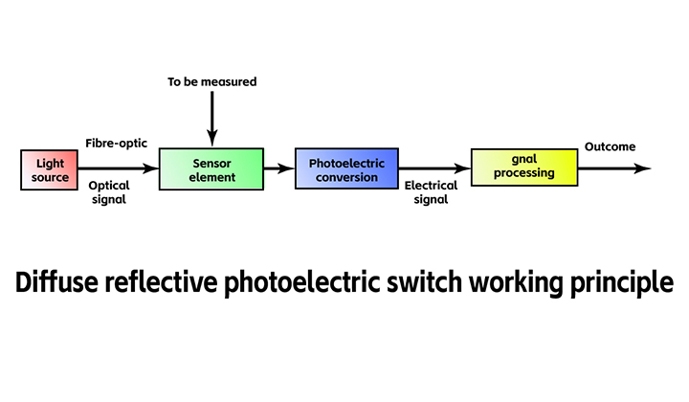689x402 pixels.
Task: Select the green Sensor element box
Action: (211, 169)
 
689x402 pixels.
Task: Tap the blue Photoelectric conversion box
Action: (345, 169)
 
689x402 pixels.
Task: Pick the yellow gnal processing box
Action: (525, 167)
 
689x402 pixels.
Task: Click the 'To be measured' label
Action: (211, 82)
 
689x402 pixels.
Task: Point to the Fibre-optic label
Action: (116, 143)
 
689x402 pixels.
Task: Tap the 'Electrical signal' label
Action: (431, 192)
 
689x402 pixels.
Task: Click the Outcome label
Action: (610, 146)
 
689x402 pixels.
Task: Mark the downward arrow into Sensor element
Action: (211, 120)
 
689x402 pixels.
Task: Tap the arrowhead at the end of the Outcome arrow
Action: (643, 168)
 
